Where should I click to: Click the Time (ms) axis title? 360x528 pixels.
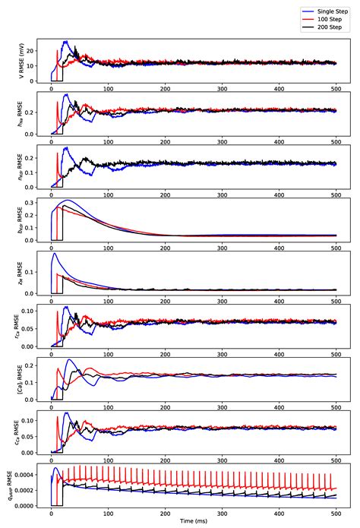pyautogui.click(x=194, y=523)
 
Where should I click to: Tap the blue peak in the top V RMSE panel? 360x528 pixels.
pyautogui.click(x=65, y=42)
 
